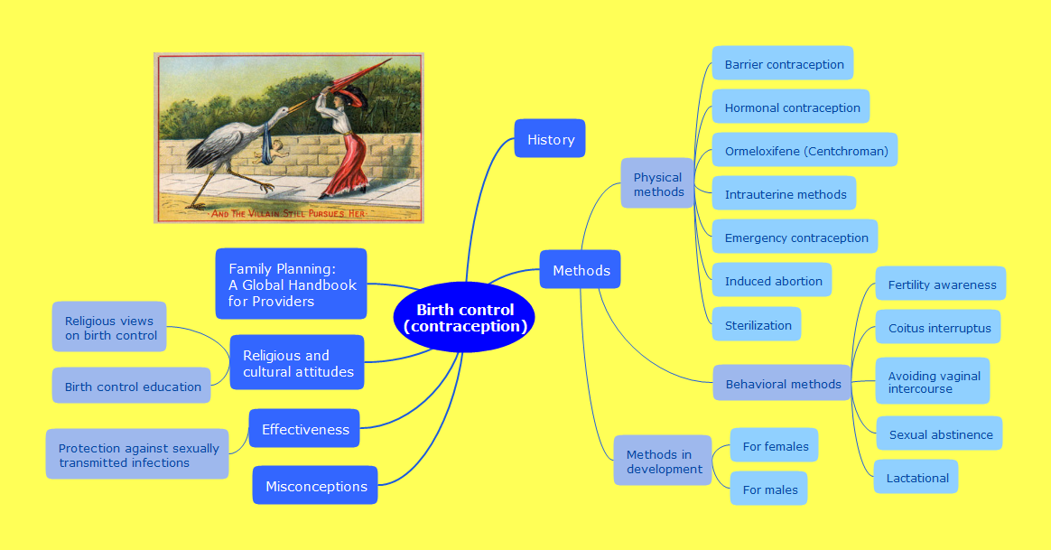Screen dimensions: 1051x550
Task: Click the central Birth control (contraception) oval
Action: [x=464, y=317]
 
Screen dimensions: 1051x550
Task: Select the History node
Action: [x=550, y=139]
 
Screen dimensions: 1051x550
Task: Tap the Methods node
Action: [x=581, y=270]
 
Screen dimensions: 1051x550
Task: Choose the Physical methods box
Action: [x=657, y=183]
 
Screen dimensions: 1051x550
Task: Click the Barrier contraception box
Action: [x=783, y=64]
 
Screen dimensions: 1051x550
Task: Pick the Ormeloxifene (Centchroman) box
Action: [x=805, y=150]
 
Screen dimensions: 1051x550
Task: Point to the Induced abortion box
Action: [x=772, y=280]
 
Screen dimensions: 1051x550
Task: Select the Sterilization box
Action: [x=757, y=324]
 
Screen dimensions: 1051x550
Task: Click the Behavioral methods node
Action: [x=782, y=383]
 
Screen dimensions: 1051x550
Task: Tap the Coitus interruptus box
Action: [x=938, y=327]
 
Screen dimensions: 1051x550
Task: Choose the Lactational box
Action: [x=916, y=477]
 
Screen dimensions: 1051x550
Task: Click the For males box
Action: [x=768, y=489]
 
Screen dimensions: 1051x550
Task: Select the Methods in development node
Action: [x=663, y=461]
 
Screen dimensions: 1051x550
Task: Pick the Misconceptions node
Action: [x=315, y=486]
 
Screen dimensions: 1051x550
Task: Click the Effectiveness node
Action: [x=304, y=429]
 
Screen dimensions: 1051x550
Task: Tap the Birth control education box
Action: [x=132, y=386]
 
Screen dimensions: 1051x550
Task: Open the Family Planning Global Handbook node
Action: [x=291, y=284]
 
